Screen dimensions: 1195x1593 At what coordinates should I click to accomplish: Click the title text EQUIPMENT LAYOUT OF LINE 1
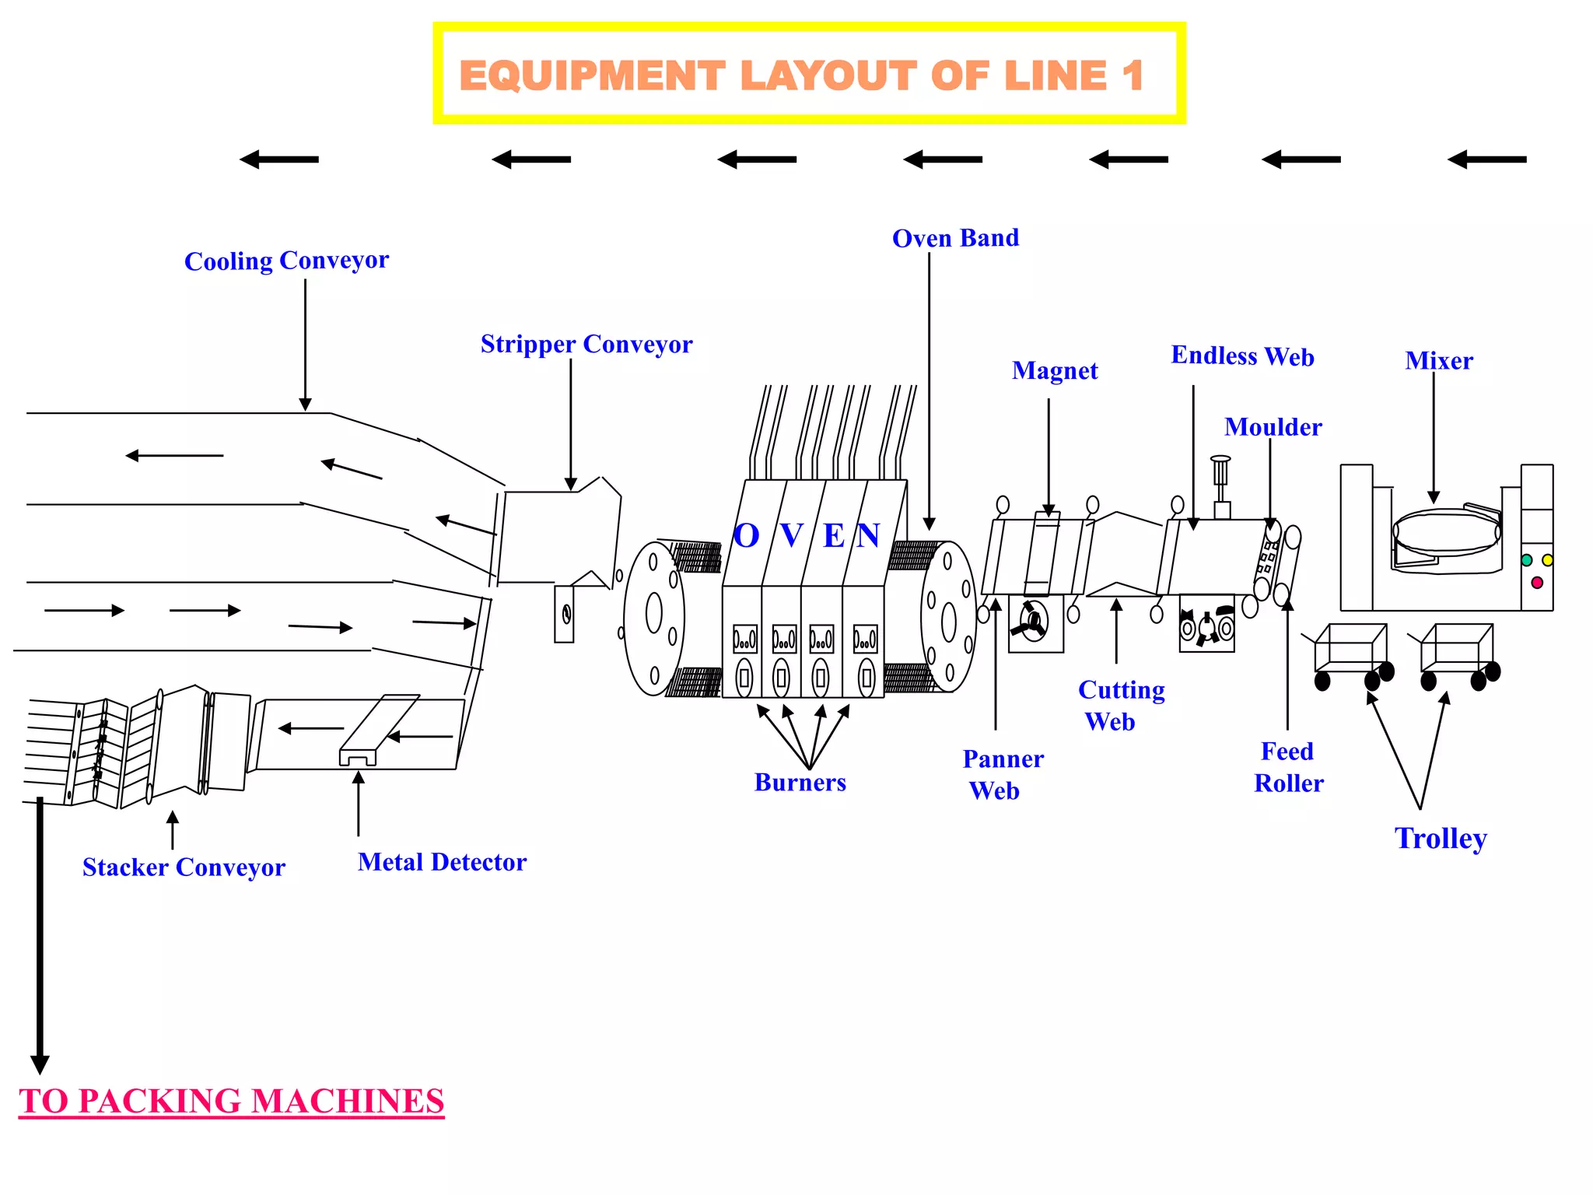(801, 75)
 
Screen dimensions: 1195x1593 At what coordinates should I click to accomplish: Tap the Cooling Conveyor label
(286, 260)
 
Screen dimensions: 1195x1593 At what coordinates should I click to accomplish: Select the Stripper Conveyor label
(586, 344)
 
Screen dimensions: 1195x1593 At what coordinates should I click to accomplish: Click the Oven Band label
(955, 238)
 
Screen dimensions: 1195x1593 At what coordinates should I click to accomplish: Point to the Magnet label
(1055, 370)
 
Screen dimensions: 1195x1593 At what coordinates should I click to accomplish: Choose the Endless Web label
(1242, 356)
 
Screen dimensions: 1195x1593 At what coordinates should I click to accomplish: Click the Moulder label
(1273, 426)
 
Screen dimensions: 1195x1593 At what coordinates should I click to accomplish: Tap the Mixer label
(1438, 360)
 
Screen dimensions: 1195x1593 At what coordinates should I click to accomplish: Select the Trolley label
(1441, 838)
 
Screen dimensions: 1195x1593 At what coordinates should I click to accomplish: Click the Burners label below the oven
(800, 782)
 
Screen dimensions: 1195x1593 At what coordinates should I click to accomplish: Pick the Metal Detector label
(442, 862)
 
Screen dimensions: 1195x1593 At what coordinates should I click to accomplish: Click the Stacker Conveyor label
(184, 867)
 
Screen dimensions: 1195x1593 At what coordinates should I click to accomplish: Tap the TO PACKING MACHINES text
(232, 1101)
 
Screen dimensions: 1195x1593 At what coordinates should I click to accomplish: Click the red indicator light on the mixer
(1536, 583)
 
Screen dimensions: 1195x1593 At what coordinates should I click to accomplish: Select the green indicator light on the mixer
(1526, 560)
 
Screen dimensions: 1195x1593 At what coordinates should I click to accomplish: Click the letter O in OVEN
(746, 535)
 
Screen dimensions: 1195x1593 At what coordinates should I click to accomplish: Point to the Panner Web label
(1002, 774)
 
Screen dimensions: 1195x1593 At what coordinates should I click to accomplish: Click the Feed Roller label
(1288, 767)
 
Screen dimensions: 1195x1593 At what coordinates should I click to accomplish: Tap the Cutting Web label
(1120, 705)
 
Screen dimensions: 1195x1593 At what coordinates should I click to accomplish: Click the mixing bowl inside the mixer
(1445, 534)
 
